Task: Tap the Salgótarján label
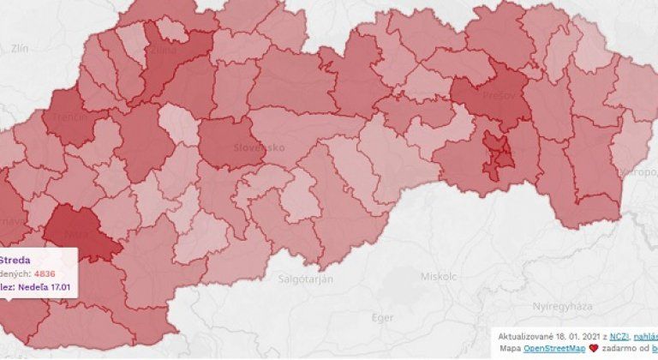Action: [306, 279]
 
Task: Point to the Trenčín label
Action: [67, 117]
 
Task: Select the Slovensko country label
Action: [259, 147]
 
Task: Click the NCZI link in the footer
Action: [596, 338]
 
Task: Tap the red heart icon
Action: [590, 350]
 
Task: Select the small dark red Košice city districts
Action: [498, 154]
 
